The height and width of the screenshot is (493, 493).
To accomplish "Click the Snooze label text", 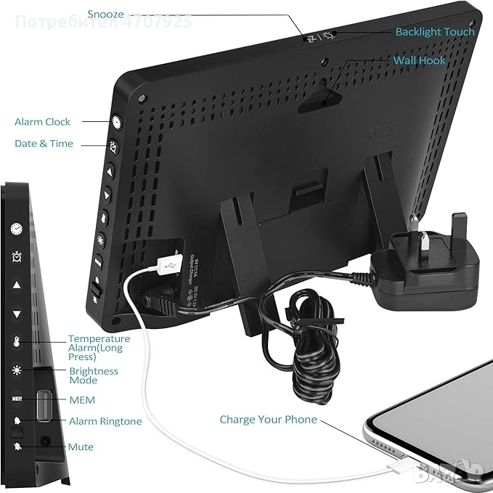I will pyautogui.click(x=106, y=14).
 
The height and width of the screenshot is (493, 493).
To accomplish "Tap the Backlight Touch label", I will pyautogui.click(x=434, y=32).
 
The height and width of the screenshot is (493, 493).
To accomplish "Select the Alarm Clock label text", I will pyautogui.click(x=43, y=122).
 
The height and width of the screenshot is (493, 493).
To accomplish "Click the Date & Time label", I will pyautogui.click(x=44, y=144).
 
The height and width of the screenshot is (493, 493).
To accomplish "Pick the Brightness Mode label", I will pyautogui.click(x=94, y=375).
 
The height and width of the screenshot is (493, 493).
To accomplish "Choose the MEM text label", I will pyautogui.click(x=81, y=400).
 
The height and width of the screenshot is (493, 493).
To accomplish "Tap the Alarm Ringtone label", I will pyautogui.click(x=105, y=421).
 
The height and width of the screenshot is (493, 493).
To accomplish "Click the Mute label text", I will pyautogui.click(x=81, y=447).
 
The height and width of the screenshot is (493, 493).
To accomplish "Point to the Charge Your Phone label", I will pyautogui.click(x=269, y=419).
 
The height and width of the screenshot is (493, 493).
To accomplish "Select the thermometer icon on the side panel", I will pyautogui.click(x=16, y=343).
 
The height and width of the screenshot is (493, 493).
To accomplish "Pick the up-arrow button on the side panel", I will pyautogui.click(x=16, y=285).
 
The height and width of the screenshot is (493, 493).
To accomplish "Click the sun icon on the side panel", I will pyautogui.click(x=16, y=371).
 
